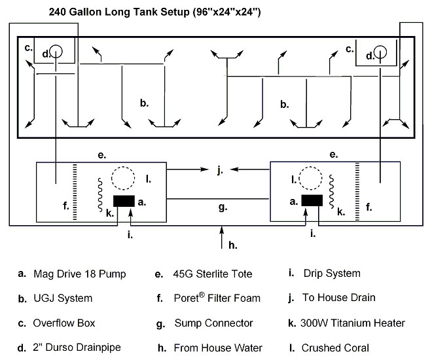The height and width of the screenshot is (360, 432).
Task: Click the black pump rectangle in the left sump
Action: pos(124,201)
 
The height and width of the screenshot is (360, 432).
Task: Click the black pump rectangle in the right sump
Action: pos(312,200)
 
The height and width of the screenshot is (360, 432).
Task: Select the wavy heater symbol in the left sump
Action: pos(100,195)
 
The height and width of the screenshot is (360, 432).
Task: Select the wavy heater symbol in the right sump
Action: pos(332,191)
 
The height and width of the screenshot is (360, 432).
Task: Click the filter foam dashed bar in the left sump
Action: pos(75,192)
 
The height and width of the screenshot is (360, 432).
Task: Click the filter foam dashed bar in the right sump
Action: pos(357,192)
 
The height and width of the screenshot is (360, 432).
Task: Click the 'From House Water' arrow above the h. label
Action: pos(221,238)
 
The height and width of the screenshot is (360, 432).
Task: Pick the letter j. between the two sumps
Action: pos(220,170)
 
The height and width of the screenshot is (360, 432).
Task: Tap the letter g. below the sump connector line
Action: pos(223,207)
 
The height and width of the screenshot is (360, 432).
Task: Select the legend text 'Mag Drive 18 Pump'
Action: pos(80,274)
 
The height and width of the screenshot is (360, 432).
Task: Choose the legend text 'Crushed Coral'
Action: pos(335,348)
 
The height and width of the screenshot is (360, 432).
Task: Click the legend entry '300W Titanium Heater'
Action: pos(353,323)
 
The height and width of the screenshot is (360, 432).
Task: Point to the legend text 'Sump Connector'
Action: pos(213,323)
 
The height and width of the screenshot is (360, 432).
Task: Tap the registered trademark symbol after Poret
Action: pos(202,295)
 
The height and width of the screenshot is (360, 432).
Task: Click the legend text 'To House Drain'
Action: pos(339,297)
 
